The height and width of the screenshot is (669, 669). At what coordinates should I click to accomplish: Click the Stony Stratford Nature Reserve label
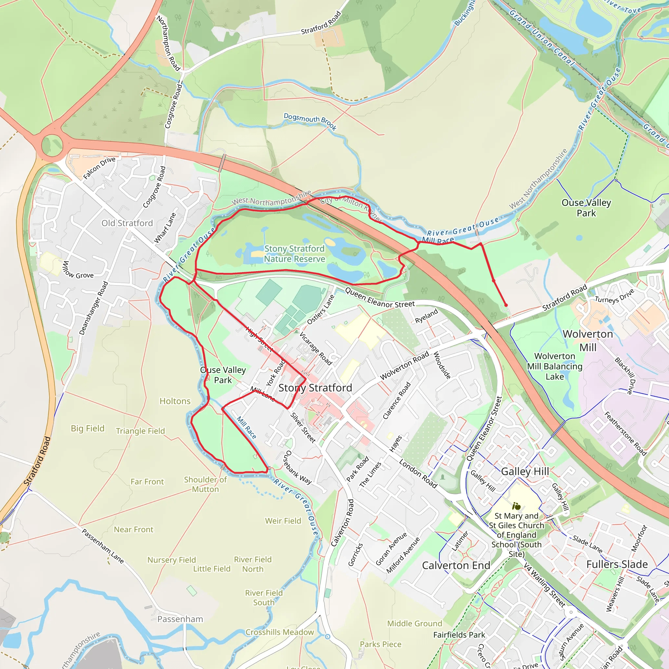(x=294, y=254)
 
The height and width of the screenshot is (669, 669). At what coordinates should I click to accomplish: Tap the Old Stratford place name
(x=127, y=223)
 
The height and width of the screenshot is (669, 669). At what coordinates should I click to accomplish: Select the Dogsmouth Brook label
(x=310, y=121)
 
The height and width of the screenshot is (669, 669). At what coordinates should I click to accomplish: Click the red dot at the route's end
(x=506, y=305)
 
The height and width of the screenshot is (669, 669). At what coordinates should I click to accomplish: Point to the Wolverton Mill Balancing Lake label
(x=555, y=367)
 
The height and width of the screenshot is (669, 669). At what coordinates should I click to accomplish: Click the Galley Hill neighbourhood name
(x=525, y=472)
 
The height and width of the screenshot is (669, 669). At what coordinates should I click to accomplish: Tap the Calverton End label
(x=456, y=565)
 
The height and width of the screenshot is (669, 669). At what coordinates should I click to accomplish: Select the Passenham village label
(x=180, y=619)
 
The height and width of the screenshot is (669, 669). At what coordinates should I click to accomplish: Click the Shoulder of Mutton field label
(x=205, y=484)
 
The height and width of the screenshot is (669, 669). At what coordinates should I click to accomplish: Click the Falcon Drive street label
(x=99, y=168)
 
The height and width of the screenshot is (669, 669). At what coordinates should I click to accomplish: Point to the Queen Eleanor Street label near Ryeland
(x=380, y=298)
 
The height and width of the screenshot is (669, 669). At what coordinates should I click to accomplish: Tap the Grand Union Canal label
(x=542, y=38)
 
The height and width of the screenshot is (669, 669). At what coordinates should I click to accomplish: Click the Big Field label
(x=88, y=428)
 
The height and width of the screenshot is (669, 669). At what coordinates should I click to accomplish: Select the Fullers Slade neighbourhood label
(x=617, y=564)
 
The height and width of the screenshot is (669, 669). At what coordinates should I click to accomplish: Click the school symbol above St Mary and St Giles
(x=516, y=507)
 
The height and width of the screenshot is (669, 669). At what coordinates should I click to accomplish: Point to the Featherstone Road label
(x=625, y=433)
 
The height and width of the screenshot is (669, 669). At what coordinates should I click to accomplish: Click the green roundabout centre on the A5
(x=52, y=145)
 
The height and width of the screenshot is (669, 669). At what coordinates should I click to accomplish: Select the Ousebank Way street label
(x=297, y=467)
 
